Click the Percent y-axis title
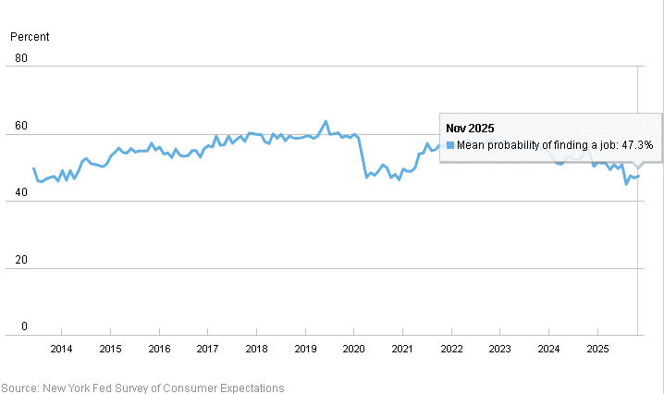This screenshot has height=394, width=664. click(x=30, y=37)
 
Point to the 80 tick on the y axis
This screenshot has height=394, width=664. click(x=22, y=59)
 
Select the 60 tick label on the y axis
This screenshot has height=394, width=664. click(x=22, y=127)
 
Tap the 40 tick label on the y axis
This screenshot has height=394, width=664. click(x=22, y=194)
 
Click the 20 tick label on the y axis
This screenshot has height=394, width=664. click(x=22, y=261)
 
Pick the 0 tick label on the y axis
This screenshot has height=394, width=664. click(x=25, y=327)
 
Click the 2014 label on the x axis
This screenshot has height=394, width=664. click(x=61, y=349)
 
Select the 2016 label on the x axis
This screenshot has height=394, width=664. click(x=158, y=349)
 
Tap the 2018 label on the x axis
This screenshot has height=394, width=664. click(x=256, y=349)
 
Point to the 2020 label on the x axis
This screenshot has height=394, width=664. click(x=353, y=349)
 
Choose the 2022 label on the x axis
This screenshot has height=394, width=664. click(x=451, y=349)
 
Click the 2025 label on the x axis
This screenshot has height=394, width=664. click(x=597, y=349)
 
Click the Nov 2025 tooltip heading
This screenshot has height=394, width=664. click(x=471, y=128)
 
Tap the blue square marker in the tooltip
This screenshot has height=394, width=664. click(x=450, y=145)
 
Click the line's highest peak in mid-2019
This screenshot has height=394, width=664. click(x=326, y=121)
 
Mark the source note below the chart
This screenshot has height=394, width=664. click(x=142, y=388)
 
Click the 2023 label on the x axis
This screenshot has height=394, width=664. click(x=499, y=349)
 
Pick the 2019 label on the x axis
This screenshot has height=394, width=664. click(x=305, y=349)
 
